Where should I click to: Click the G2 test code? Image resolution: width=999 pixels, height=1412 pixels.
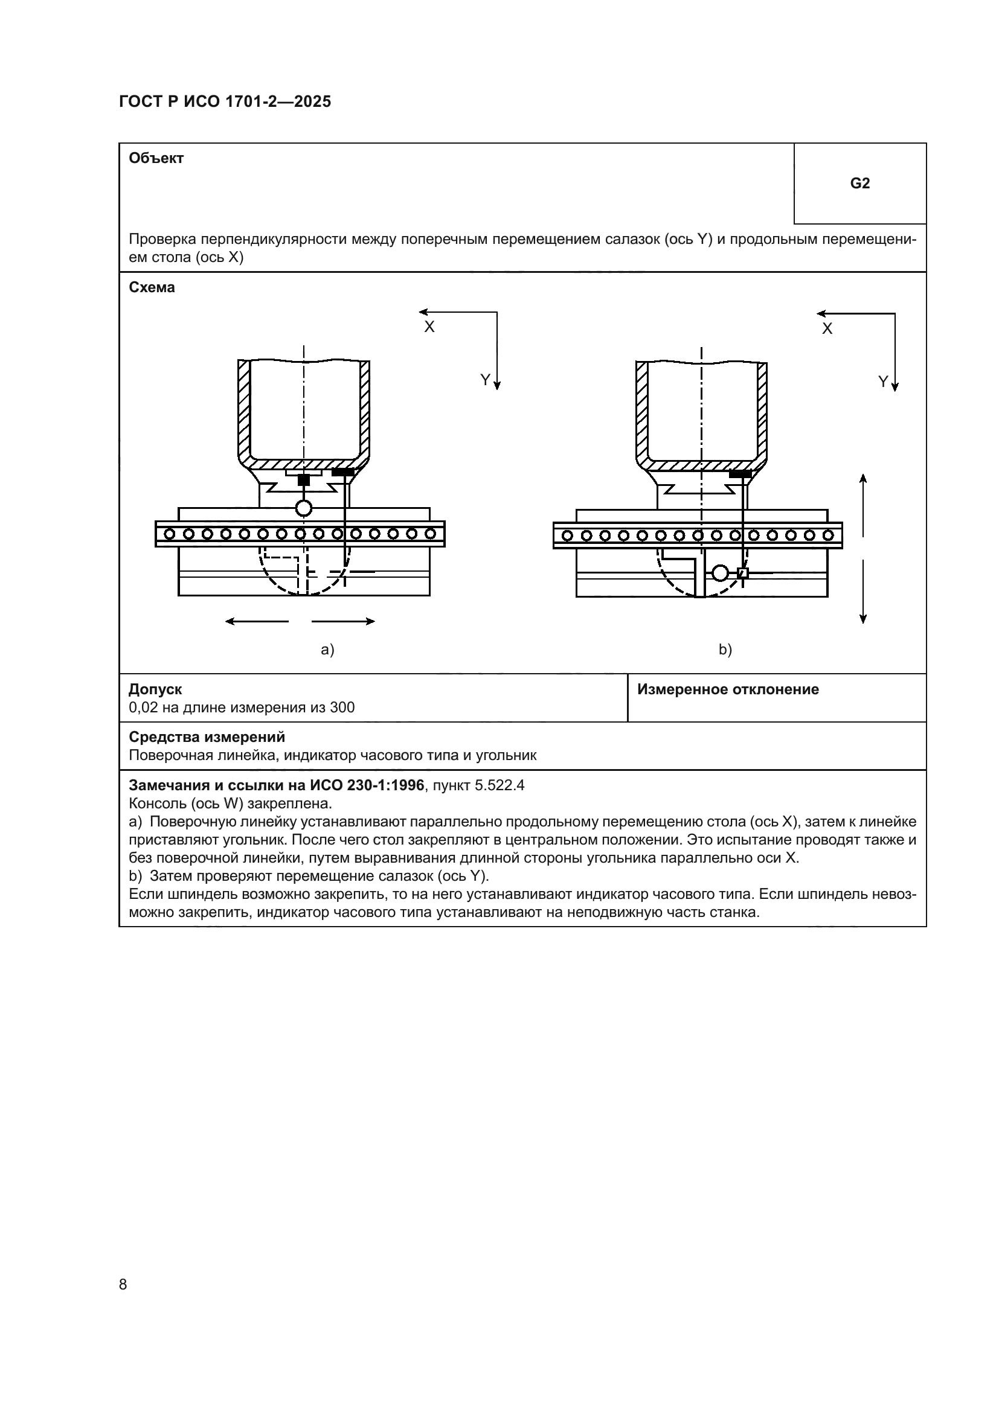pos(859,184)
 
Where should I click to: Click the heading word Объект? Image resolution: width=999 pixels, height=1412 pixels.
pos(156,158)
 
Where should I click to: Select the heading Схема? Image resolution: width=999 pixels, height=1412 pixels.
pos(152,287)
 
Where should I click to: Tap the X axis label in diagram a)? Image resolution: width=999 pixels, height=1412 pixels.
pos(429,327)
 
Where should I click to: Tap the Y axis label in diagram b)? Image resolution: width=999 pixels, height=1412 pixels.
pos(883,382)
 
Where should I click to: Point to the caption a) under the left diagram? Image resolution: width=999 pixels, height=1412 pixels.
pos(327,650)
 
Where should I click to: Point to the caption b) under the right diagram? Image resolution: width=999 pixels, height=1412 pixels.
pos(725,650)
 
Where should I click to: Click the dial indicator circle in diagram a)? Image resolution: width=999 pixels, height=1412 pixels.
pos(304,508)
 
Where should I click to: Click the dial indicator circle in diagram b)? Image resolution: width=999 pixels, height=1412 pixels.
pos(720,573)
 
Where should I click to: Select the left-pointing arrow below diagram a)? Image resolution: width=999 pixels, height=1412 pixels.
pos(257,621)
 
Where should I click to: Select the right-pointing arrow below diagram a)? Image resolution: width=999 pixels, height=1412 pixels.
pos(343,621)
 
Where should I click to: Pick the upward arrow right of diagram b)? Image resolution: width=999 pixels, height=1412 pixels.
pos(863,504)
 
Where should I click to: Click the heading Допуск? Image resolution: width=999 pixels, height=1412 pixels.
pos(155,689)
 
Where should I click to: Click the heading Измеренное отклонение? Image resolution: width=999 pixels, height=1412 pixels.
pos(728,689)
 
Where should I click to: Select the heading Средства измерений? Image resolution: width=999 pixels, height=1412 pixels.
pos(207,736)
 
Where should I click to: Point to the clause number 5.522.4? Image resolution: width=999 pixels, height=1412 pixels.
pos(500,785)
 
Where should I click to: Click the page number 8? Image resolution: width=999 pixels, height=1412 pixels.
pos(123,1284)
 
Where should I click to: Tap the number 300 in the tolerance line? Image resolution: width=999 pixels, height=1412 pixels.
pos(342,708)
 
